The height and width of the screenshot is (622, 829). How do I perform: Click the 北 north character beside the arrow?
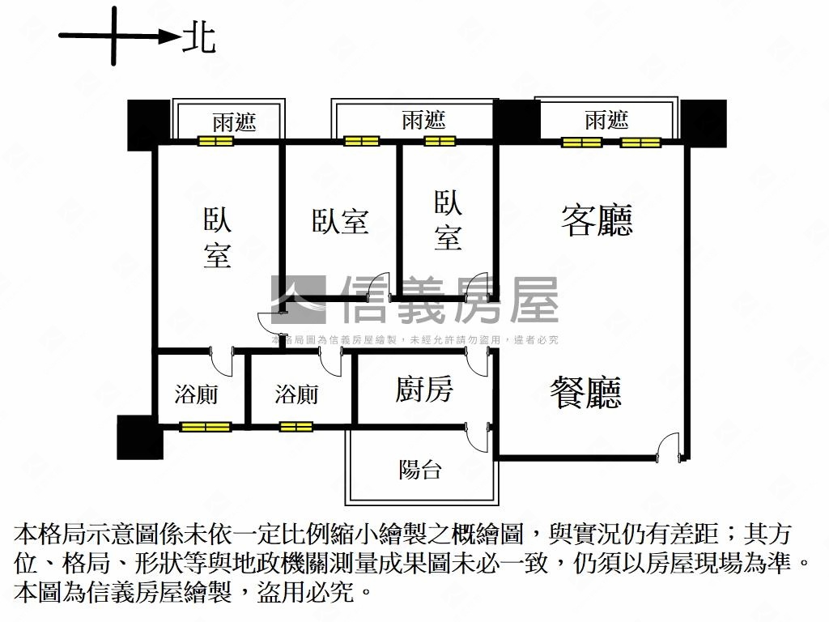(199, 37)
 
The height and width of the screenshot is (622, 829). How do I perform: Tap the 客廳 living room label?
(597, 220)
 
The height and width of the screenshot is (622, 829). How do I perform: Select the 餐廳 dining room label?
(585, 393)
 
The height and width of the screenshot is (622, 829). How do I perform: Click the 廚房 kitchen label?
(424, 390)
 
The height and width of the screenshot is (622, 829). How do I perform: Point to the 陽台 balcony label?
(420, 469)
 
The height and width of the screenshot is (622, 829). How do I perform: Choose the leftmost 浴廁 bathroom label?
(196, 394)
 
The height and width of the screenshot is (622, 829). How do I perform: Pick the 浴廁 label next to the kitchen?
(296, 394)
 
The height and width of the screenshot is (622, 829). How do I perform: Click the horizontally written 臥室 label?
(340, 221)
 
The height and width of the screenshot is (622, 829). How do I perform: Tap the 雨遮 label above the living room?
(606, 121)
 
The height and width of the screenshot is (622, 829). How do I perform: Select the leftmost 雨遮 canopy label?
(235, 122)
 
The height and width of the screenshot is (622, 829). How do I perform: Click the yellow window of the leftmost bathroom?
(205, 426)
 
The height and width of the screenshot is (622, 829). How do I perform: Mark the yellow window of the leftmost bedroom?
(215, 141)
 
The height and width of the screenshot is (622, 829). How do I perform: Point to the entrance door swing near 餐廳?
(668, 446)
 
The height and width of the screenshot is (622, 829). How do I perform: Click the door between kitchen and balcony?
(478, 437)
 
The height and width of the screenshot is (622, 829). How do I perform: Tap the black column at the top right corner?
(704, 124)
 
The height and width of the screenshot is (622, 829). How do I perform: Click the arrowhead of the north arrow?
(170, 36)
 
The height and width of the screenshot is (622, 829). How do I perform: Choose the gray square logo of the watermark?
(298, 300)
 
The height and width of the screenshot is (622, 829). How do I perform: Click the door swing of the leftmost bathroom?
(221, 361)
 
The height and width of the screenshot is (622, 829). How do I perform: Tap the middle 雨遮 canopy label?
(423, 121)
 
